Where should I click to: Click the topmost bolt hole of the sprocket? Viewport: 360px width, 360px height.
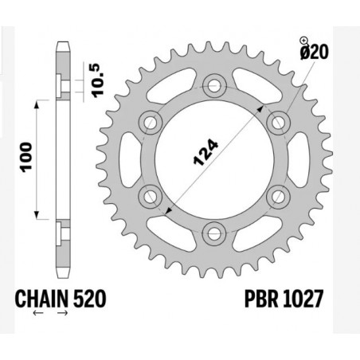(213, 84)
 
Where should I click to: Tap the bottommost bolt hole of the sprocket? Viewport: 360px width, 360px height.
(213, 232)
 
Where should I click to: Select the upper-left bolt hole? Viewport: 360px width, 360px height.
(149, 120)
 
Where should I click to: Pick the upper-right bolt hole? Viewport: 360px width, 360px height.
(277, 120)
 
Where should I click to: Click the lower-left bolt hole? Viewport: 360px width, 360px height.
(149, 195)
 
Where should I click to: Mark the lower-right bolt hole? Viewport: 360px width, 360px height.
(277, 195)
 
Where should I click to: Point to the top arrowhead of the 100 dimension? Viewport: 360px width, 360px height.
(38, 104)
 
